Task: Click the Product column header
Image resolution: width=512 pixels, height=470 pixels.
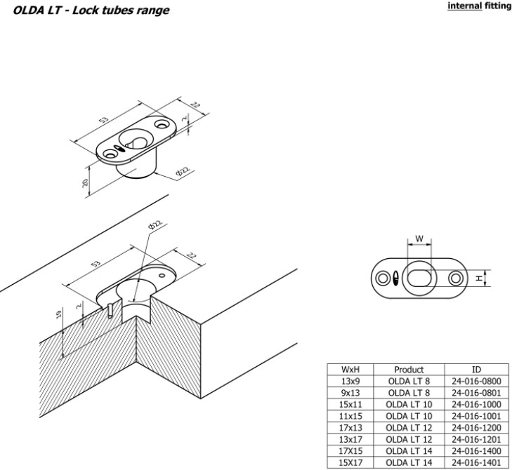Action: (x=409, y=370)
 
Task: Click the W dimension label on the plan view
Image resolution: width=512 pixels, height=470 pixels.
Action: (x=419, y=239)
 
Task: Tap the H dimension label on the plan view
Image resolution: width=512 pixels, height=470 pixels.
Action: (x=478, y=278)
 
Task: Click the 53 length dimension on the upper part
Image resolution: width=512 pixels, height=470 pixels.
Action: (x=104, y=121)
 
